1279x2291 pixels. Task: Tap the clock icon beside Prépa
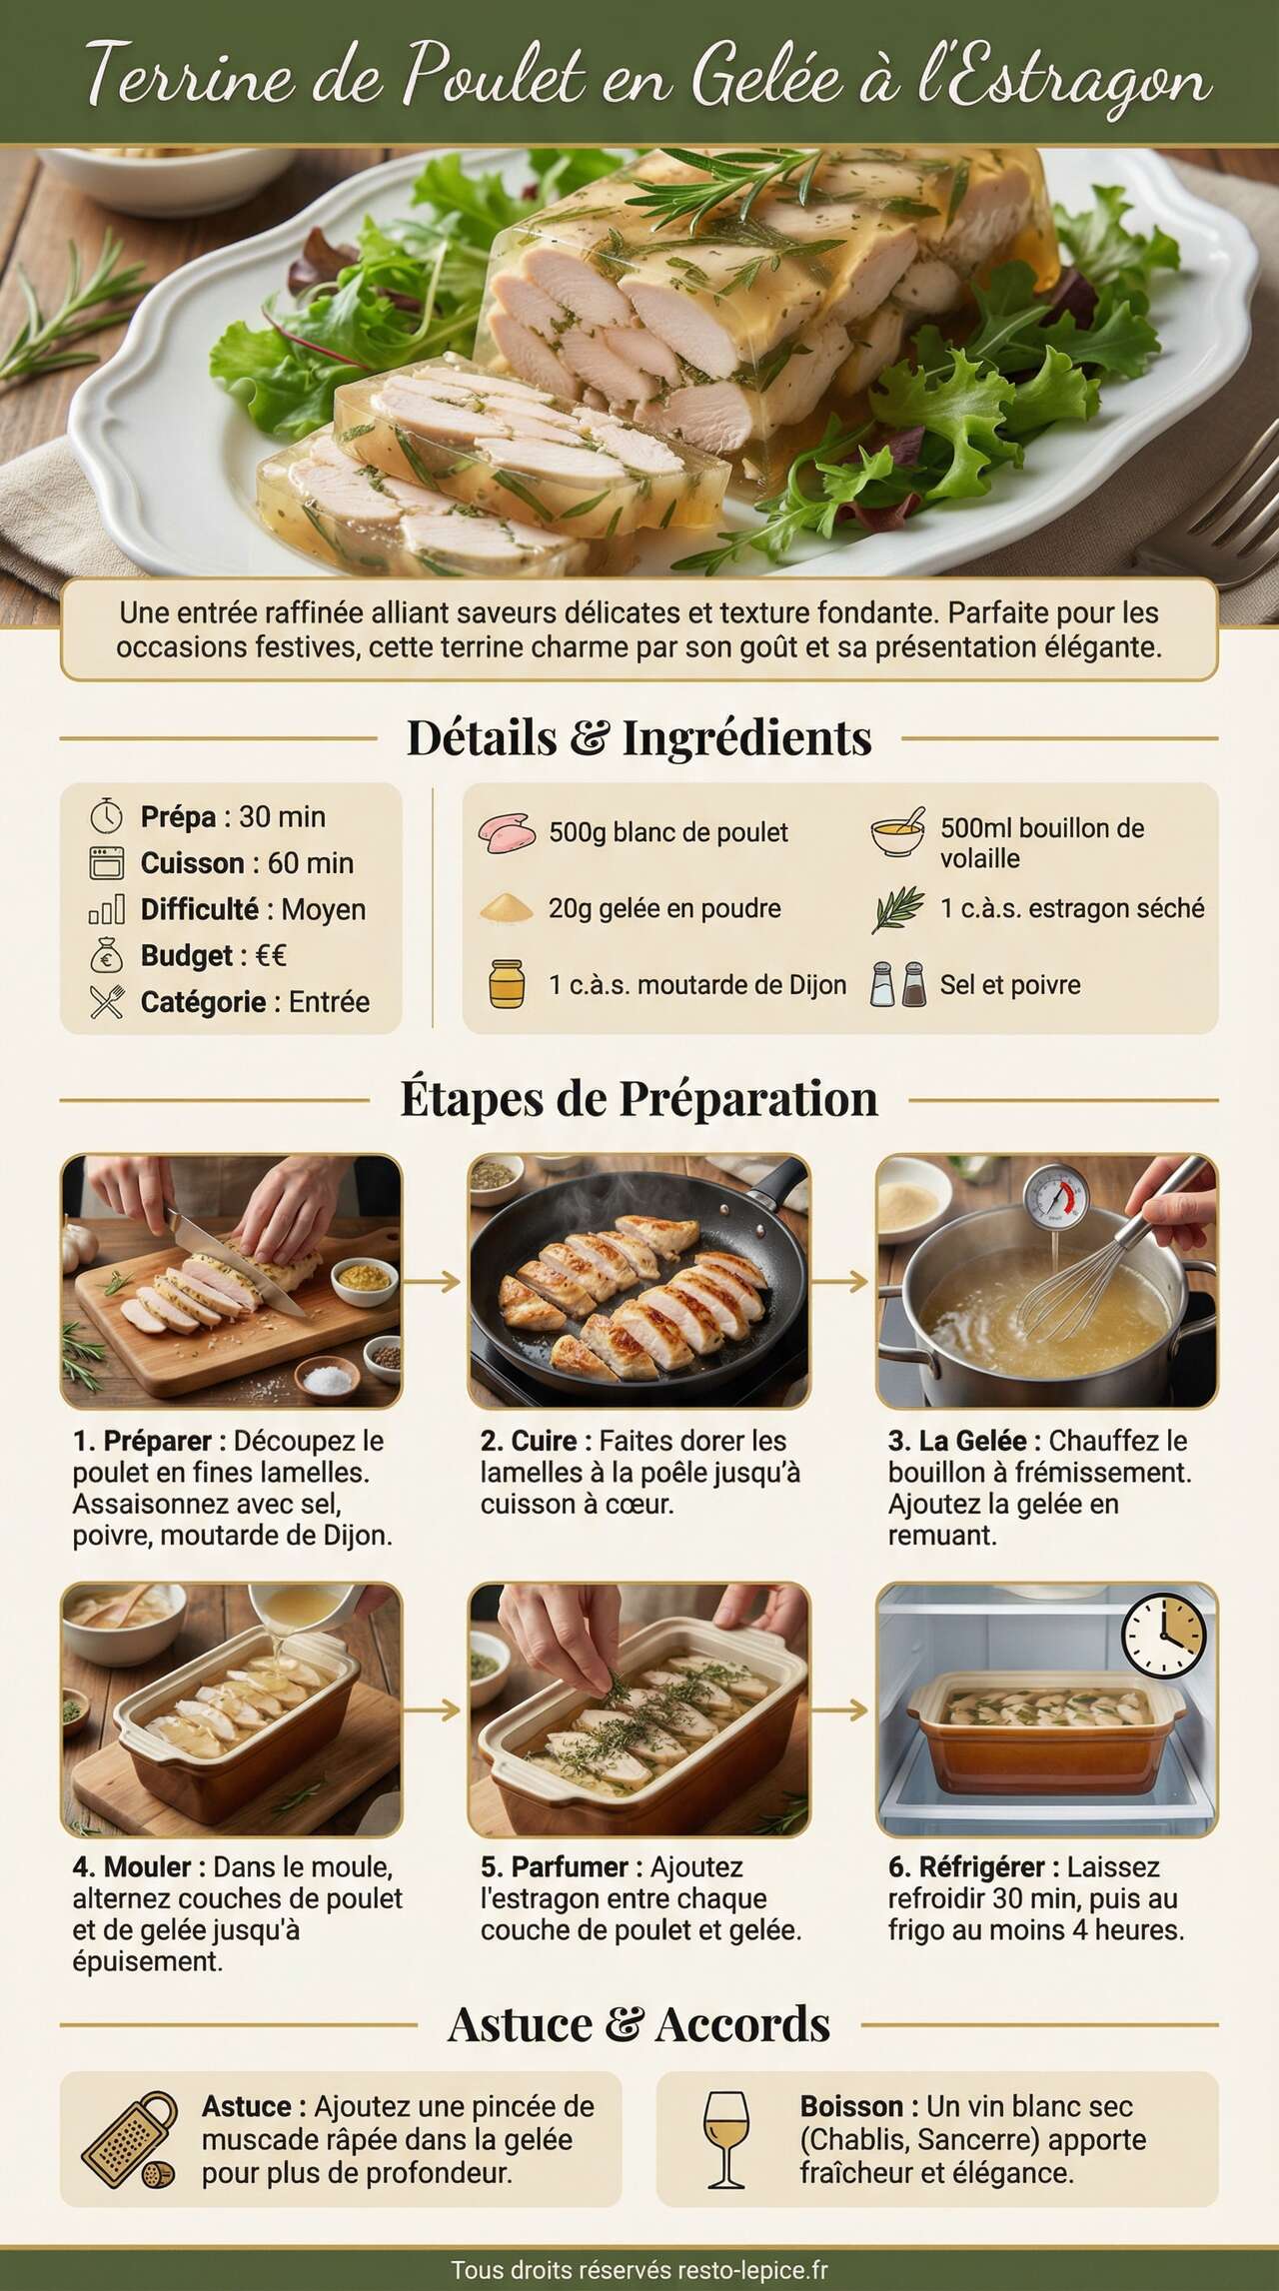(x=106, y=817)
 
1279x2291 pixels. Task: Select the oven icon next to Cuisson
(x=106, y=863)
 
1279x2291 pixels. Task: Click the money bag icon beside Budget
(x=106, y=956)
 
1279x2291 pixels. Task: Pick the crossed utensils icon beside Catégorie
(x=106, y=1002)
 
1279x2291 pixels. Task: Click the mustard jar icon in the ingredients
(x=507, y=983)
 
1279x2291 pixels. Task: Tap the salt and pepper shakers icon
(x=897, y=983)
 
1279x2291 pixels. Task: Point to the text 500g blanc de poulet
(x=667, y=832)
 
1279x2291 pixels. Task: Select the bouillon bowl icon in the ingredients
(x=897, y=835)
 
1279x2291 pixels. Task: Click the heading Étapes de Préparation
(x=639, y=1098)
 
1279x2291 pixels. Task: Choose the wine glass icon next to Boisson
(x=724, y=2140)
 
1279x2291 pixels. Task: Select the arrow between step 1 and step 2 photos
(x=435, y=1282)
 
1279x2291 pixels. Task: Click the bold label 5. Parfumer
(x=555, y=1866)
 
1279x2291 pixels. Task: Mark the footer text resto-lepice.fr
(x=752, y=2270)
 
